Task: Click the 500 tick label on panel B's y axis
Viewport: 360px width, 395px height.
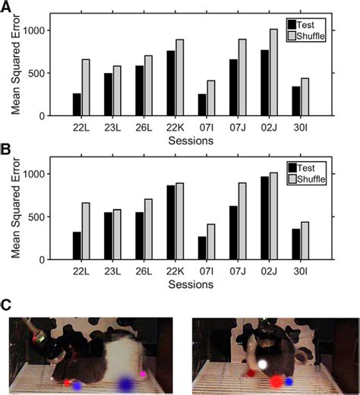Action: point(41,216)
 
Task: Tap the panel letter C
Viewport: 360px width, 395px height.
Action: point(6,305)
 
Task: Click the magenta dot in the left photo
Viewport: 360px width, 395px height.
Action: point(144,373)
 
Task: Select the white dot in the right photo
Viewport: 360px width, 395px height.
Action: point(263,365)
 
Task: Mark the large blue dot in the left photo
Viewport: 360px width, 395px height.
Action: point(124,385)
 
